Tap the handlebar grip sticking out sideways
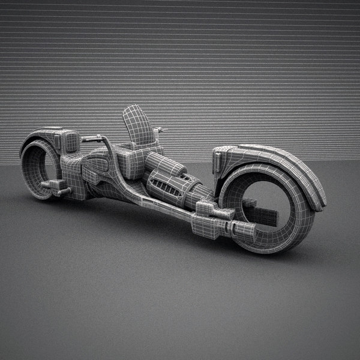(89, 139)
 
